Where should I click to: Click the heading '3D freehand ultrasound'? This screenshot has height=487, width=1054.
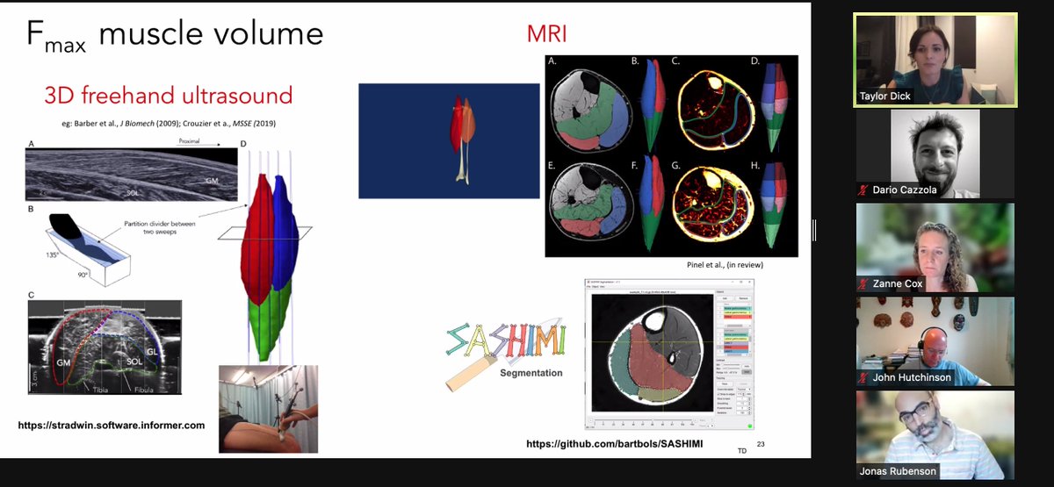(x=168, y=95)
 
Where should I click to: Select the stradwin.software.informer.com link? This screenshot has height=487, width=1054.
(x=112, y=425)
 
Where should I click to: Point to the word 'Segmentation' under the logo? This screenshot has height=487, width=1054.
(x=531, y=374)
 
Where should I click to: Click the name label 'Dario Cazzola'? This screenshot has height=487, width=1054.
(x=908, y=190)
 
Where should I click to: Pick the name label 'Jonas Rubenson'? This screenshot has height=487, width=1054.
(x=905, y=471)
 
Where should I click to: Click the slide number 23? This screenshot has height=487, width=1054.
(x=761, y=444)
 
